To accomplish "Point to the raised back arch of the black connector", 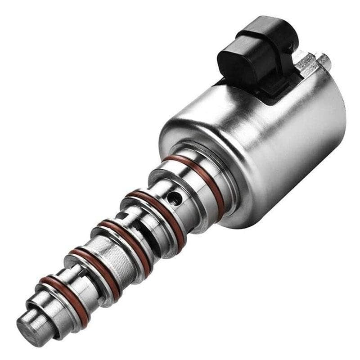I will pyautogui.click(x=270, y=31).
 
